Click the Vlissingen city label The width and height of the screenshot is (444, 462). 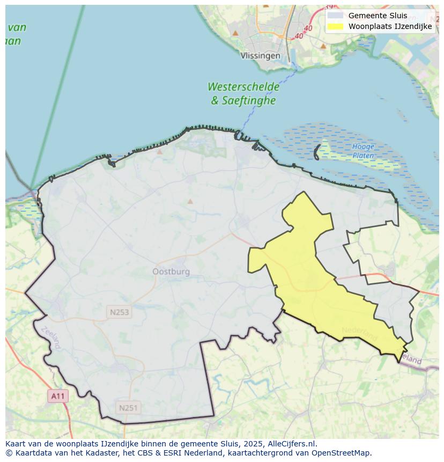[260, 56]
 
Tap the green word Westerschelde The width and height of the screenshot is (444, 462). [243, 87]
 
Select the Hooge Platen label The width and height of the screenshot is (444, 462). [364, 151]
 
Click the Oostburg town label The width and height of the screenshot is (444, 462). [171, 272]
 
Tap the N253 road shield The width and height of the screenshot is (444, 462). [119, 312]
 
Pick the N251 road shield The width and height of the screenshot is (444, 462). [128, 408]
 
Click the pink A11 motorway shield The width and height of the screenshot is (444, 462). [57, 397]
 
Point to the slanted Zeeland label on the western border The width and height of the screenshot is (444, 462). [51, 338]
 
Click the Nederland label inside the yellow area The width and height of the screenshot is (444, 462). [359, 333]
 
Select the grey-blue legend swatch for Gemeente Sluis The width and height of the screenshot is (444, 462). [335, 16]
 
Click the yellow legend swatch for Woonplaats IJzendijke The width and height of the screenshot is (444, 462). [335, 26]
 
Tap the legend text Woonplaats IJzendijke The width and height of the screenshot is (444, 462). [390, 26]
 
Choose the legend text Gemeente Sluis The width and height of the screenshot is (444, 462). [378, 16]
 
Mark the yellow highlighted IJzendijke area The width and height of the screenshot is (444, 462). [300, 263]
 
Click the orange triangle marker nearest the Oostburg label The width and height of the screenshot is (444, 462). [190, 202]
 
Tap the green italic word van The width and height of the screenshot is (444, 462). [17, 27]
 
